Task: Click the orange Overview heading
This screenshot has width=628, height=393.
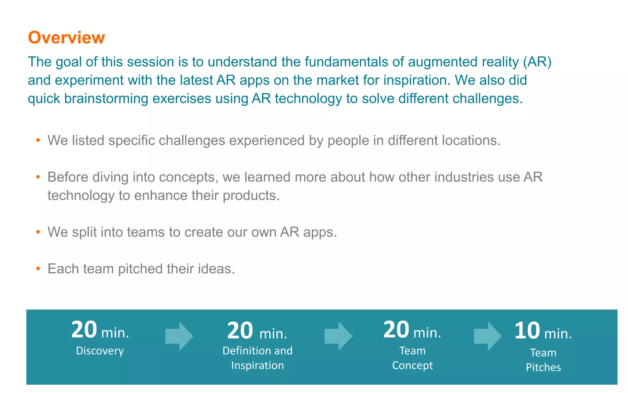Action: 66,37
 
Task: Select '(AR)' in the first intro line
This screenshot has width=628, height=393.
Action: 537,62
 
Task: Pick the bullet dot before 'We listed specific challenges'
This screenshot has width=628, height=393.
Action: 38,141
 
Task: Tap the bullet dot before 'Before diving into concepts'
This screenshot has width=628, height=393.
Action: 38,177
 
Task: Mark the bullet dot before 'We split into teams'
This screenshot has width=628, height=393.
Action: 38,232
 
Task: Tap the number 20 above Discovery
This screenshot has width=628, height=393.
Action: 84,330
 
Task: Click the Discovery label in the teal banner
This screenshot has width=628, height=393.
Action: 100,351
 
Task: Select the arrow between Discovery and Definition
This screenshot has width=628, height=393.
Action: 179,336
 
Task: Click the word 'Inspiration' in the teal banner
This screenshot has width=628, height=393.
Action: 258,365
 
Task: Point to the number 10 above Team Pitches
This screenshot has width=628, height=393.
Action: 527,331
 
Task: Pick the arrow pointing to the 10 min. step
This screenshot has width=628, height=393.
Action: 488,336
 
